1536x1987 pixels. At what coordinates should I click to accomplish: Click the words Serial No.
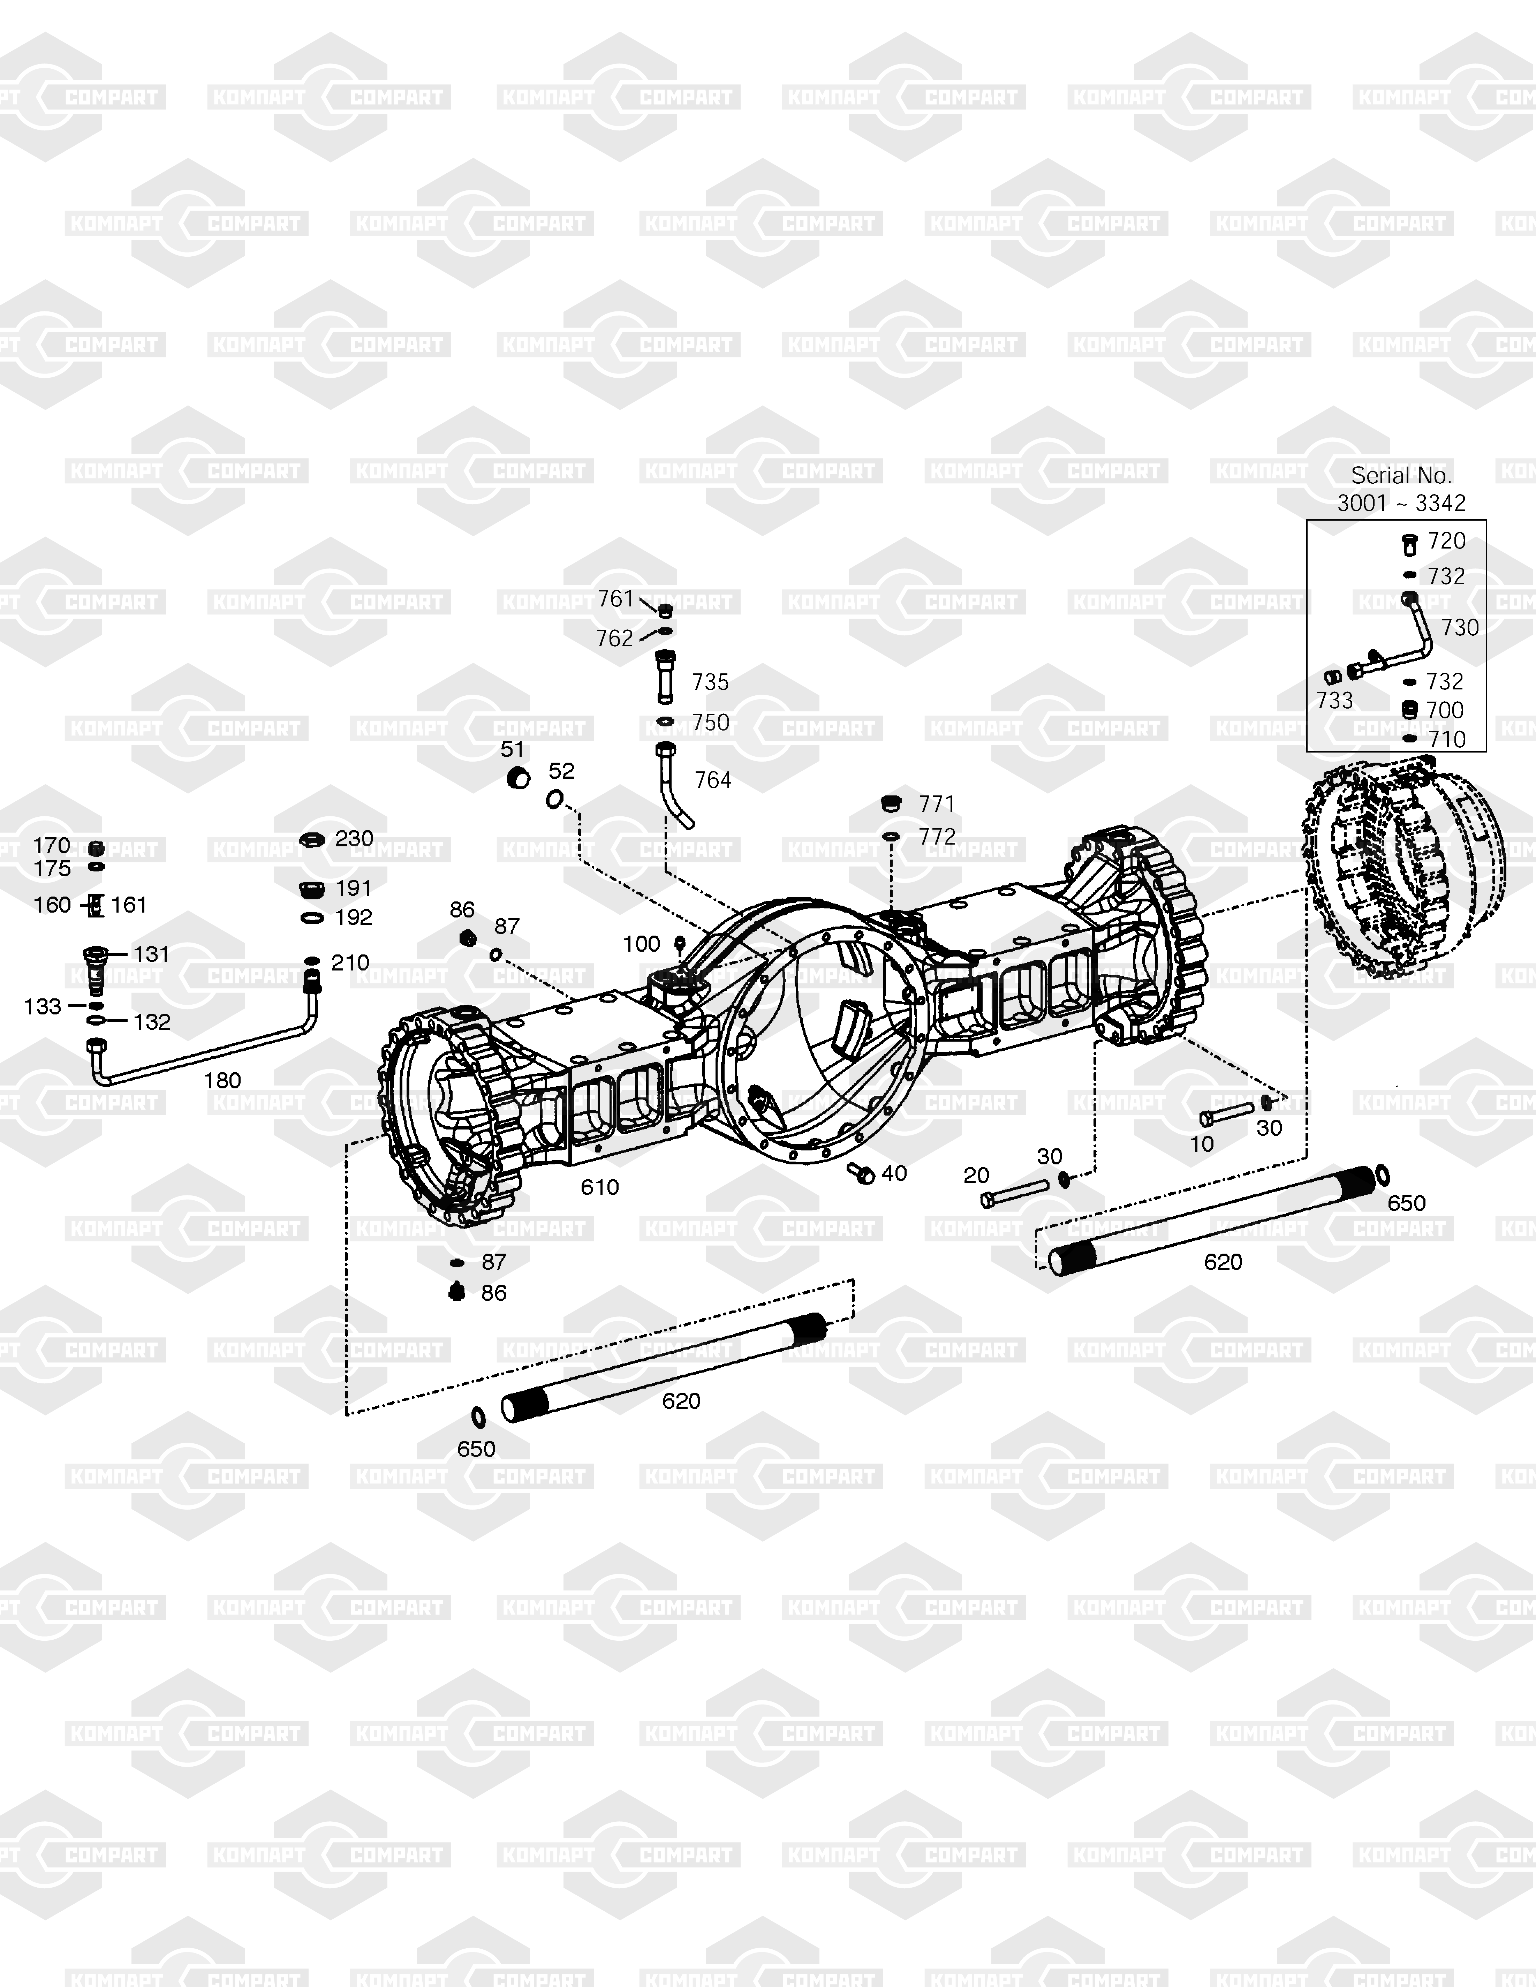(1401, 475)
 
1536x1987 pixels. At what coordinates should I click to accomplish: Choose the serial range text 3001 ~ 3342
(1401, 502)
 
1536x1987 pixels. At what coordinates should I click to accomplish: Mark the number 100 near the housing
(642, 944)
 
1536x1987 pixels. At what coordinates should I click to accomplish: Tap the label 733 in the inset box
(1335, 701)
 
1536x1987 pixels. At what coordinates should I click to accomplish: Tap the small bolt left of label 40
(861, 1173)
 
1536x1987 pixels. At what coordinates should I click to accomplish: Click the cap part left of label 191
(312, 889)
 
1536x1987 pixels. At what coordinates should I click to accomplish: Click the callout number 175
(52, 869)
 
